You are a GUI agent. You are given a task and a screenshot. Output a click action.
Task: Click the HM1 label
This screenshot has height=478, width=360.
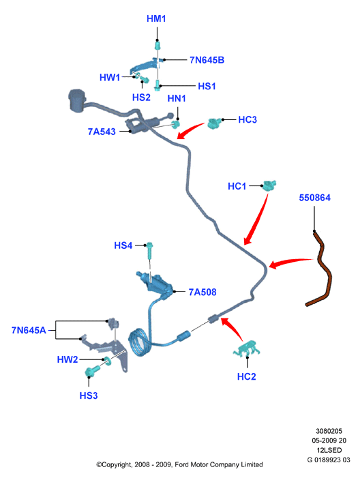pyautogui.click(x=156, y=18)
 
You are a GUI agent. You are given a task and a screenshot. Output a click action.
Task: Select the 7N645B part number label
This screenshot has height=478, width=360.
pyautogui.click(x=207, y=60)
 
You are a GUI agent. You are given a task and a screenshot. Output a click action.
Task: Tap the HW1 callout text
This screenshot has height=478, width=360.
pyautogui.click(x=110, y=78)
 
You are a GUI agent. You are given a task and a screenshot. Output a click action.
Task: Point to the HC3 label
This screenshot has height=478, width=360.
pyautogui.click(x=247, y=119)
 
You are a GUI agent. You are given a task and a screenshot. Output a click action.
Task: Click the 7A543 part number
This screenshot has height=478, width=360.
pyautogui.click(x=102, y=132)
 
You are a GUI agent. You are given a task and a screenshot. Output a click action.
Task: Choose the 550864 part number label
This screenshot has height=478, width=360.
pyautogui.click(x=314, y=198)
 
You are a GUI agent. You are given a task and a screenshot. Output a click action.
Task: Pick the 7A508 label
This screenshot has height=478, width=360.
pyautogui.click(x=202, y=292)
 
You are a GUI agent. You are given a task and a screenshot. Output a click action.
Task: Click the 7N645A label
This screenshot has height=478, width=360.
pyautogui.click(x=29, y=330)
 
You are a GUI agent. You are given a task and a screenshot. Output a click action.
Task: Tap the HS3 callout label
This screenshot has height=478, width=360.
pyautogui.click(x=89, y=395)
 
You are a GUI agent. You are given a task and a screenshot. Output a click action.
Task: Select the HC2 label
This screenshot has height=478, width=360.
pyautogui.click(x=246, y=376)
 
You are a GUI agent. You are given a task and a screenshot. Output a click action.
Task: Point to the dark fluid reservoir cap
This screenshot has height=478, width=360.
pyautogui.click(x=76, y=100)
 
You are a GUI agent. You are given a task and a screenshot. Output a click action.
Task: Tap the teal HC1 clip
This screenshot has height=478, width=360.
pyautogui.click(x=269, y=185)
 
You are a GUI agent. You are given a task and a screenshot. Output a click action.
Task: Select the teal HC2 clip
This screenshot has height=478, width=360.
pyautogui.click(x=247, y=348)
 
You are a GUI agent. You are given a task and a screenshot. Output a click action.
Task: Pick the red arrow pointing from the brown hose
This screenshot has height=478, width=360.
pyautogui.click(x=290, y=263)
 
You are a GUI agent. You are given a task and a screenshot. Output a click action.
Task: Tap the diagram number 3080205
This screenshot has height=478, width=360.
pyautogui.click(x=329, y=431)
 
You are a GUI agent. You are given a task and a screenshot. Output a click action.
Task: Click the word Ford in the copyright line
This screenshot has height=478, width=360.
pyautogui.click(x=181, y=464)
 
